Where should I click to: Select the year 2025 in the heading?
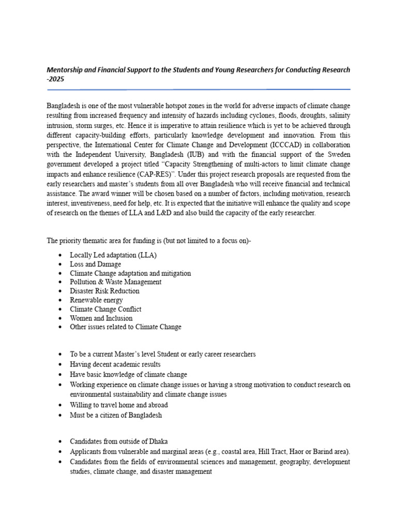coord(55,79)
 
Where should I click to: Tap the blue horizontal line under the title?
coord(198,89)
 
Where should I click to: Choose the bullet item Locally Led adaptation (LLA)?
coord(113,255)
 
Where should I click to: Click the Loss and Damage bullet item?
coord(96,264)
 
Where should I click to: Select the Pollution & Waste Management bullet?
coord(116,282)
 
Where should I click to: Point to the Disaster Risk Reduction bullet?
coord(105,291)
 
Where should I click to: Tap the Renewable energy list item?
coord(97,300)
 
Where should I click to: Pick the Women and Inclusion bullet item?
coord(101,318)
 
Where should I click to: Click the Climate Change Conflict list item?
coord(106,309)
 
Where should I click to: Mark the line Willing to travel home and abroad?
coord(119,405)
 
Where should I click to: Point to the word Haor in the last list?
coord(287,451)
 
